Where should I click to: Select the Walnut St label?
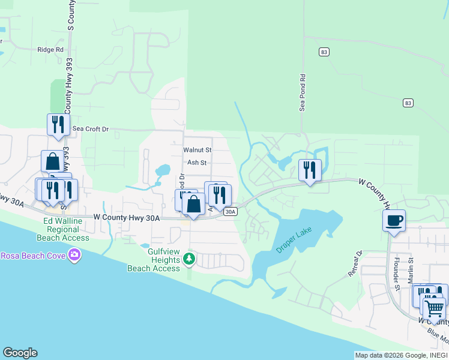(197, 149)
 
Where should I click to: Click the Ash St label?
(197, 163)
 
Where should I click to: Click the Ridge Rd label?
(50, 50)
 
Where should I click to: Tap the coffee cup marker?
(394, 220)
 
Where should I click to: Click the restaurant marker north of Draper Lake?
(310, 170)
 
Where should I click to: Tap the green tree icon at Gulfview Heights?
(190, 259)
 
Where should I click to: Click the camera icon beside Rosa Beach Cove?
(74, 256)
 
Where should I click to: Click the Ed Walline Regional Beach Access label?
(66, 229)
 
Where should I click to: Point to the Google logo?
(20, 353)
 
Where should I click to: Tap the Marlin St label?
(411, 267)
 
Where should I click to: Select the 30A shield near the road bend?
(231, 212)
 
